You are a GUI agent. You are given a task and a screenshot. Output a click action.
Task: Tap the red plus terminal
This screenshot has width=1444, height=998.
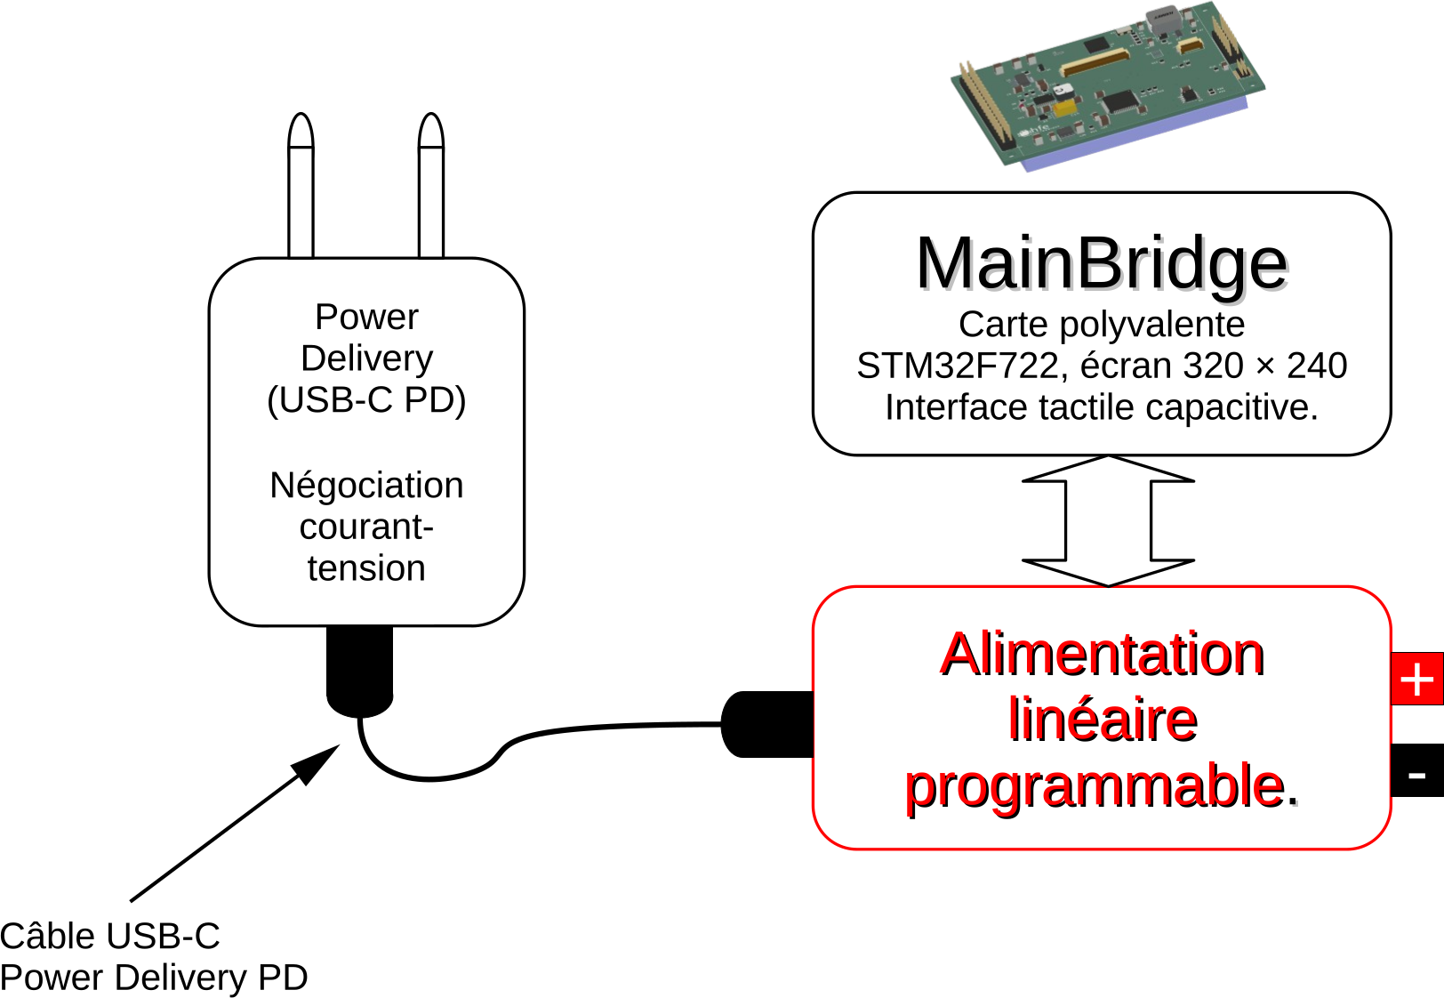pos(1417,679)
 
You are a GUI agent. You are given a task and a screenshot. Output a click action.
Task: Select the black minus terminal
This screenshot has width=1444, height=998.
pos(1417,770)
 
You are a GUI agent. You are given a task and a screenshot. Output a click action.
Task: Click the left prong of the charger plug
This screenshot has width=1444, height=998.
pos(301,186)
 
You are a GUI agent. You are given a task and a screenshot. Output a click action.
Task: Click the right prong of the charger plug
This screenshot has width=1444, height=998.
pos(431,186)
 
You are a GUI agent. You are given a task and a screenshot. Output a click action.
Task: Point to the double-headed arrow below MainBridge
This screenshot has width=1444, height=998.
pos(1108,521)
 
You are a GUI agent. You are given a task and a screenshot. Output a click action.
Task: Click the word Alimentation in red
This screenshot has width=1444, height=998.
pos(1102,655)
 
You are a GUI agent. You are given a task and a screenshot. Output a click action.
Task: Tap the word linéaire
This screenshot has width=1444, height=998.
pos(1103,720)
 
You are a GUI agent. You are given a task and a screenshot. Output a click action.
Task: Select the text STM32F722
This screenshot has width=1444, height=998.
pos(958,366)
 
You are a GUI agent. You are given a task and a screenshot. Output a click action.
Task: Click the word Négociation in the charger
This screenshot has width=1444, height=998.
pos(366,487)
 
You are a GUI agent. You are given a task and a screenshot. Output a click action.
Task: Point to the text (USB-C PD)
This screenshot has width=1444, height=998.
pos(366,400)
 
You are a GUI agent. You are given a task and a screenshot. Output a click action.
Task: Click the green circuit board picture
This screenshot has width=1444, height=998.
pos(1108,86)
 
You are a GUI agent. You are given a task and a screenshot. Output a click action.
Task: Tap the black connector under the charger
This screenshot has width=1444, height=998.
pos(360,671)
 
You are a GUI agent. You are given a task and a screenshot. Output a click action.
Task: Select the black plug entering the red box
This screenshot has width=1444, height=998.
pos(767,724)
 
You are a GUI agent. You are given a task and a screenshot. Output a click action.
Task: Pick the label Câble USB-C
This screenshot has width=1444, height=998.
pos(109,936)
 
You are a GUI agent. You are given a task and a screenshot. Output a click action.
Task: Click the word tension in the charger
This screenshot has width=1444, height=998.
pos(366,568)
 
